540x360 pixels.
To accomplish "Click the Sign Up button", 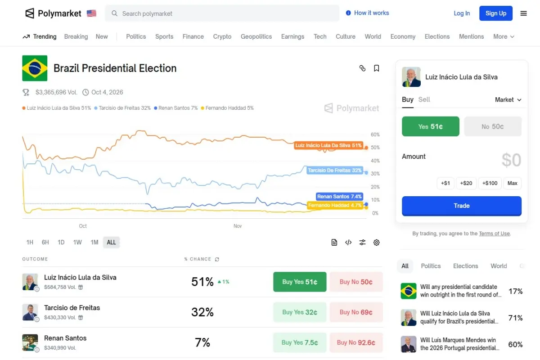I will click(496, 13).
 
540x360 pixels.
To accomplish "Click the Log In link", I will click(462, 13).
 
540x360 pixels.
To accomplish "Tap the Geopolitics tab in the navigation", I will click(256, 36).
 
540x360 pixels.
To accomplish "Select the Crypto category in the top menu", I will click(222, 36).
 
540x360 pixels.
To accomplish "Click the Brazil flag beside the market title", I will click(35, 68).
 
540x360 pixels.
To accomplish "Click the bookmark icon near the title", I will click(377, 68).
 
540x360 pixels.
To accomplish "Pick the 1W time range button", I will click(77, 242).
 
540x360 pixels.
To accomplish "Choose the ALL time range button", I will click(111, 242).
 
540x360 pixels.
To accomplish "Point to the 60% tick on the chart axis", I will click(375, 135).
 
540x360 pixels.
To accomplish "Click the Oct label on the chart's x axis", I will click(83, 226).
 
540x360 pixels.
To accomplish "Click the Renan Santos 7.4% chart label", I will click(339, 197).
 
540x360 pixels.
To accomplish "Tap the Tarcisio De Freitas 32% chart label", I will click(335, 171).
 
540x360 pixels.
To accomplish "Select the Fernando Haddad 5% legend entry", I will click(227, 108).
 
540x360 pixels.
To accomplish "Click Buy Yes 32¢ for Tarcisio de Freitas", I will click(300, 312).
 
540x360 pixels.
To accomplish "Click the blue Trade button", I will click(461, 206).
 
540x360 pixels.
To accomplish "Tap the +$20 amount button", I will click(466, 183).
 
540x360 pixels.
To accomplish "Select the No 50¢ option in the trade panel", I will click(492, 126).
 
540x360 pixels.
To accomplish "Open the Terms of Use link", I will click(494, 234).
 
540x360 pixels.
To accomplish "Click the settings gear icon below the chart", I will click(377, 243).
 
